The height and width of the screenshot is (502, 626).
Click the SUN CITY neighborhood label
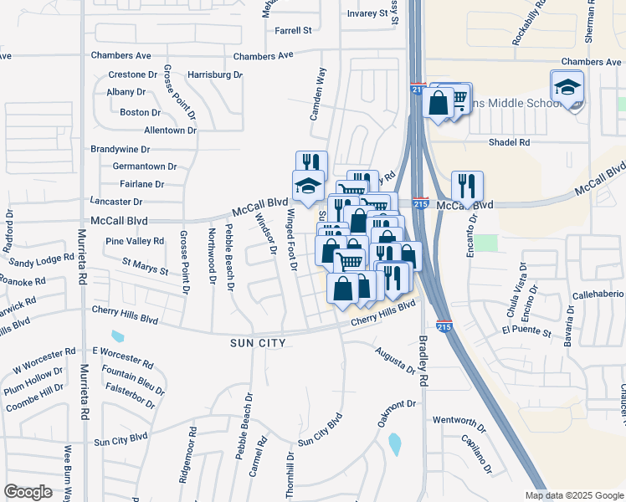pos(258,343)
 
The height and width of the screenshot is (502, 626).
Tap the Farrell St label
pos(293,30)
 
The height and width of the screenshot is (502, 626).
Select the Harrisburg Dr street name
pos(215,74)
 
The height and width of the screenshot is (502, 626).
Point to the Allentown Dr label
pos(170,131)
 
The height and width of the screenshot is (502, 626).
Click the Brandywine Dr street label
pos(120,149)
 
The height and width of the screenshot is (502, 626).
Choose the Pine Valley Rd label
pos(135,241)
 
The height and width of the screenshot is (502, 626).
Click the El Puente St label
pos(526,332)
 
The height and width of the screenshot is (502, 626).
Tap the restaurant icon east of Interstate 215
pos(465,187)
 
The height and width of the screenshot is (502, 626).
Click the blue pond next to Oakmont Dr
pos(394,444)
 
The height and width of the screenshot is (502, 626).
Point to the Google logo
pos(28,493)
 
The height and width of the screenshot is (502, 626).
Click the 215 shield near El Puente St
pos(445,327)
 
